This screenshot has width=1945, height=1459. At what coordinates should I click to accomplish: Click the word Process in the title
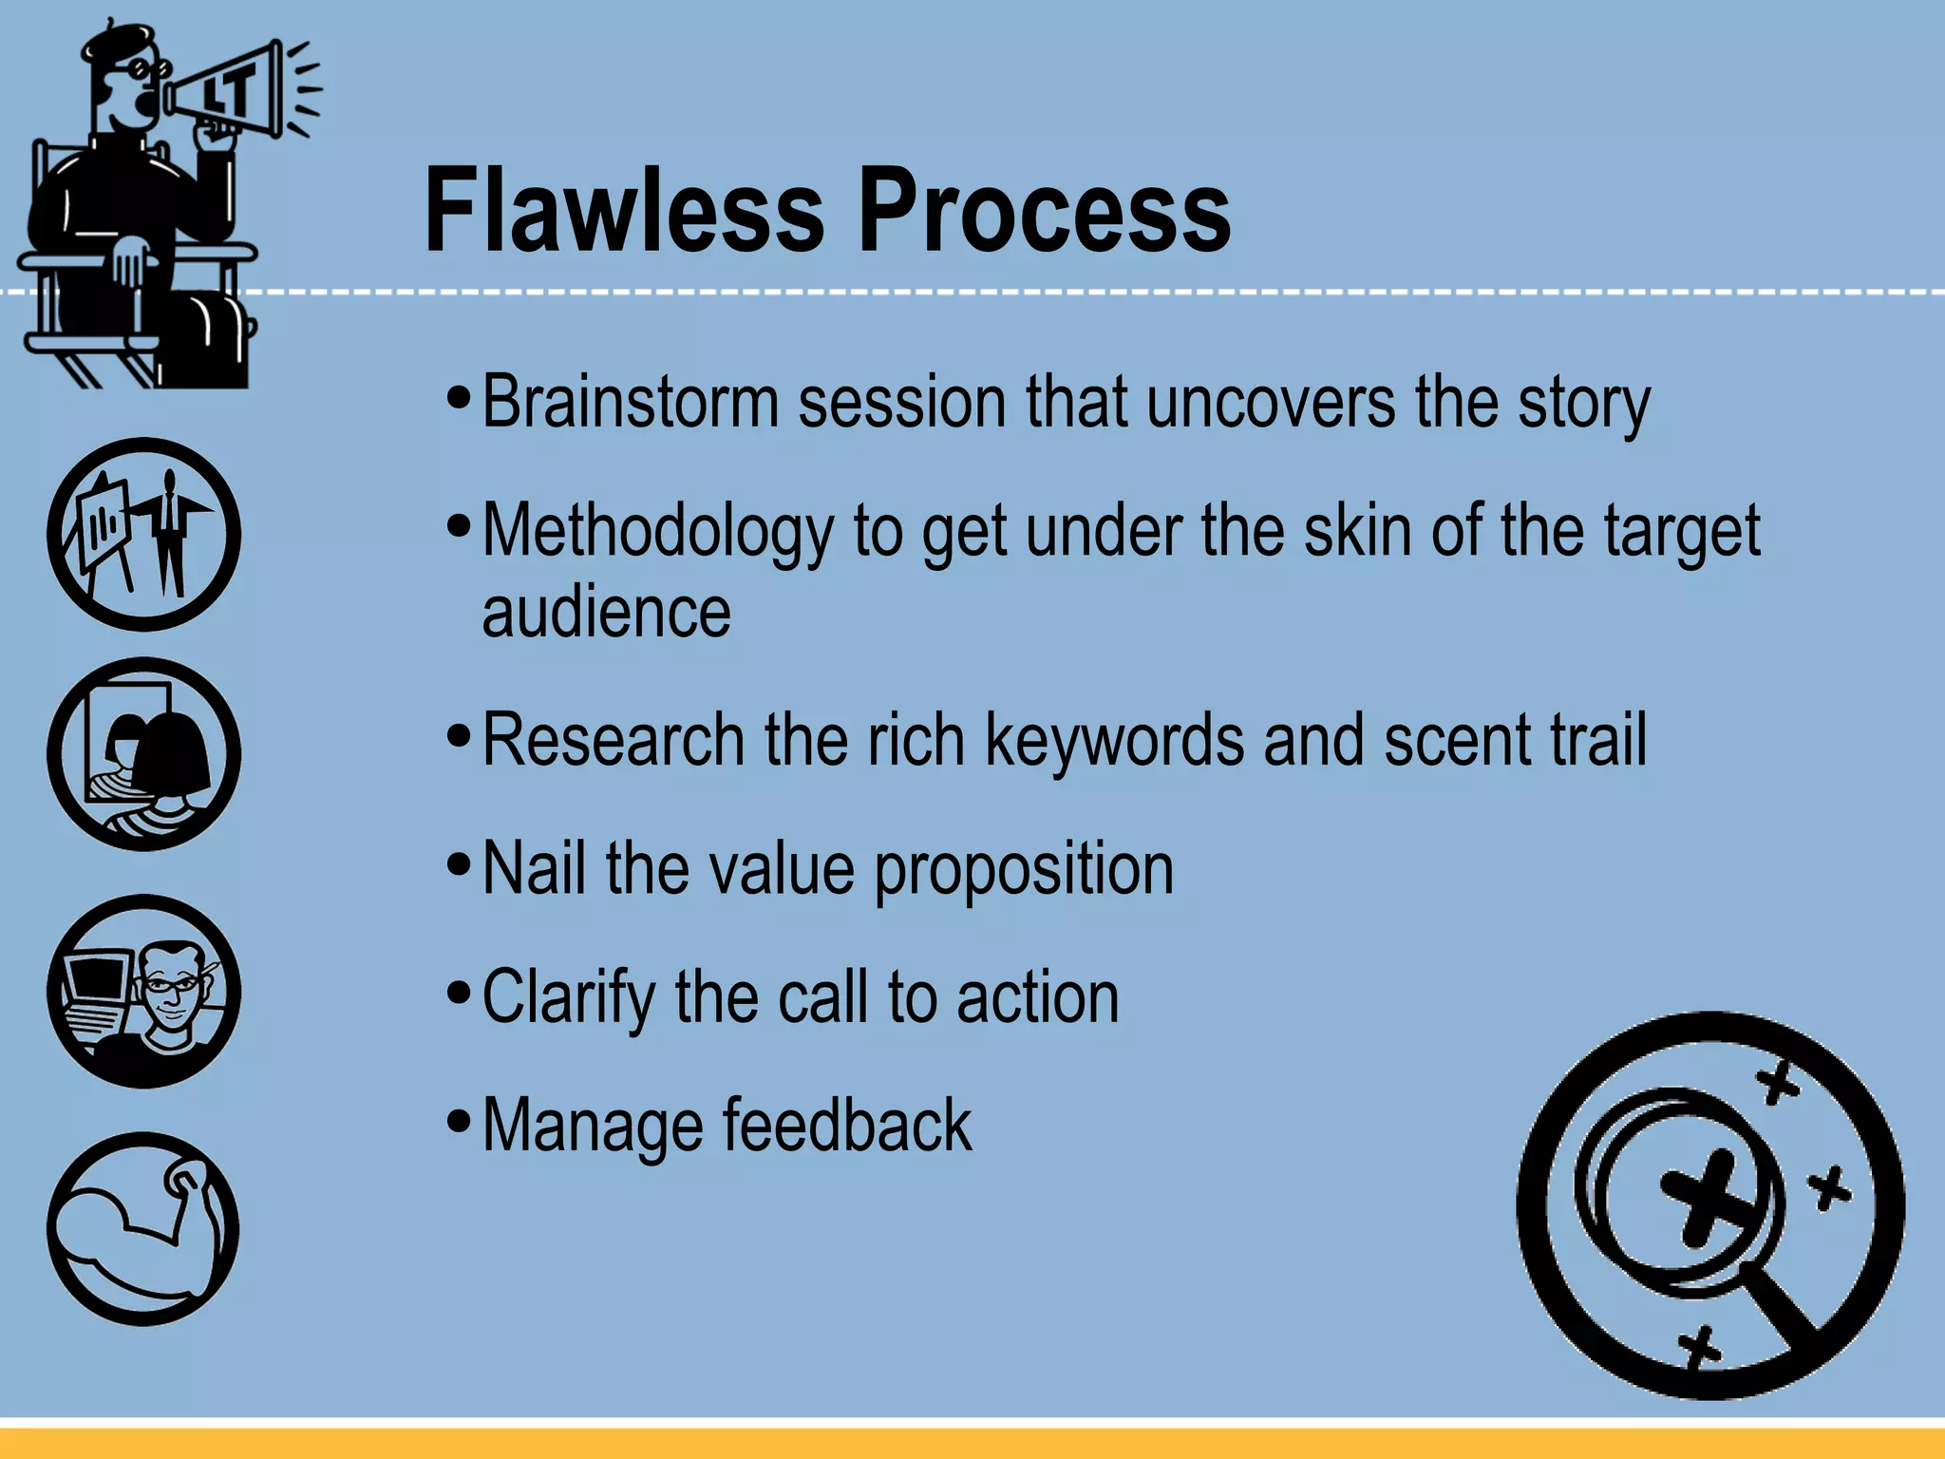pyautogui.click(x=1045, y=211)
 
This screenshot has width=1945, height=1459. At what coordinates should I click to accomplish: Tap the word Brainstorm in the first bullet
pyautogui.click(x=630, y=403)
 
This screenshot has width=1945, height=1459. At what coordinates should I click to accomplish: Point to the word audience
pyautogui.click(x=606, y=613)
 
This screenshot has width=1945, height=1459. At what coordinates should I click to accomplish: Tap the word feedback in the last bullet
pyautogui.click(x=847, y=1127)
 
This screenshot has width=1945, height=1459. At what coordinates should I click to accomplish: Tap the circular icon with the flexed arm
pyautogui.click(x=143, y=1228)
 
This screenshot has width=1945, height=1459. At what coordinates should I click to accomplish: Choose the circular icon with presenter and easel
pyautogui.click(x=143, y=534)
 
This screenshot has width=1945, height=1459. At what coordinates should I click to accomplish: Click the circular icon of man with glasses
pyautogui.click(x=143, y=991)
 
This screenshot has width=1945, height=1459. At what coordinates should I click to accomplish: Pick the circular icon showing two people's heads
pyautogui.click(x=143, y=753)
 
